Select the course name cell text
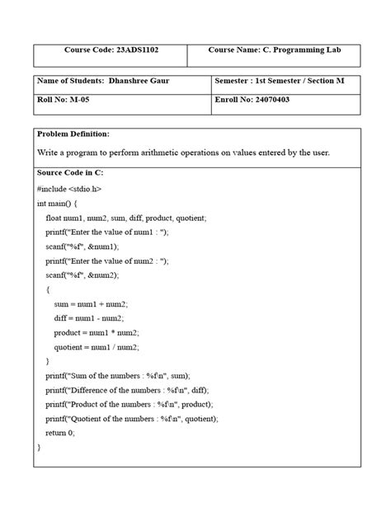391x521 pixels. (x=263, y=50)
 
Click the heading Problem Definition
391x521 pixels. (x=73, y=134)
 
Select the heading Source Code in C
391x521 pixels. (x=70, y=173)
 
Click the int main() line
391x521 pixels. (x=57, y=203)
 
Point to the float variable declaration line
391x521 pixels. (x=125, y=218)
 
